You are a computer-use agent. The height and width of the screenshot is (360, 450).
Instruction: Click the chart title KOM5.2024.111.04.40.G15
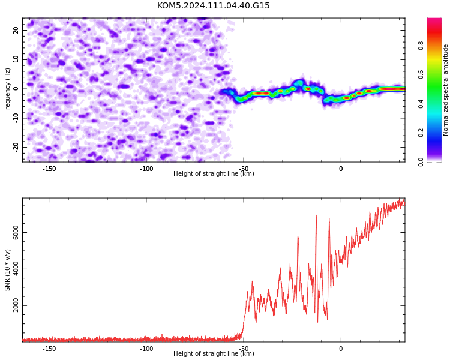click(213, 5)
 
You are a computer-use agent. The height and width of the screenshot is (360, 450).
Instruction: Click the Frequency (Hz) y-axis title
click(7, 90)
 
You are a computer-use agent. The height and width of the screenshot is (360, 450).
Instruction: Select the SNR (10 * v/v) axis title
click(7, 270)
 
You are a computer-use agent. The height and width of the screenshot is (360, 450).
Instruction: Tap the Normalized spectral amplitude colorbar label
click(445, 90)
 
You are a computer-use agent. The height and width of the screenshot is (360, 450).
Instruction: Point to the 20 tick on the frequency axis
click(16, 30)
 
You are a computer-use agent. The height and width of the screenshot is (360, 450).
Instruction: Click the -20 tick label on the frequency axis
click(16, 147)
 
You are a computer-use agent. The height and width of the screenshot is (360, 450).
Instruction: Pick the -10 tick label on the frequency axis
click(16, 118)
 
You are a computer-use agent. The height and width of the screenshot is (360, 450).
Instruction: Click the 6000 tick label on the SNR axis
click(16, 233)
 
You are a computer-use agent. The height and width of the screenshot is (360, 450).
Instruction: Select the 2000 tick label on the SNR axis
click(16, 305)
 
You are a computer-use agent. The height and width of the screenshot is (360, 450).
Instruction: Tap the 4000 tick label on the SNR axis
click(16, 269)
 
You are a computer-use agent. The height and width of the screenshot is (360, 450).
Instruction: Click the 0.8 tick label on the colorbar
click(421, 46)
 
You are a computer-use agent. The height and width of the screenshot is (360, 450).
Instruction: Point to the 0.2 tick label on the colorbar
click(421, 133)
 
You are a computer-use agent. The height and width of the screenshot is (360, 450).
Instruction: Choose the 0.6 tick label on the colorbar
click(421, 74)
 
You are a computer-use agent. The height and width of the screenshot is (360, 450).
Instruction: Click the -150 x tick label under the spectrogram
click(49, 169)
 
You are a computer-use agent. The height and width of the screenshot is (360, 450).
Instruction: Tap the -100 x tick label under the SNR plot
click(146, 349)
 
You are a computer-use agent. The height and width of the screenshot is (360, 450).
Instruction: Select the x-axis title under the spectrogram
click(214, 173)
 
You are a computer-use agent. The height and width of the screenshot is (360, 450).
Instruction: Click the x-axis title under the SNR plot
click(214, 353)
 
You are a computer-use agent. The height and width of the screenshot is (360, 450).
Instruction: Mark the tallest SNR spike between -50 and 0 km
click(316, 215)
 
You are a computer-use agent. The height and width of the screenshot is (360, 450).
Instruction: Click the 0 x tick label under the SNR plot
click(341, 349)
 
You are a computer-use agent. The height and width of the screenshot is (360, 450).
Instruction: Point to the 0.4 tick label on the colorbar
click(421, 104)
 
